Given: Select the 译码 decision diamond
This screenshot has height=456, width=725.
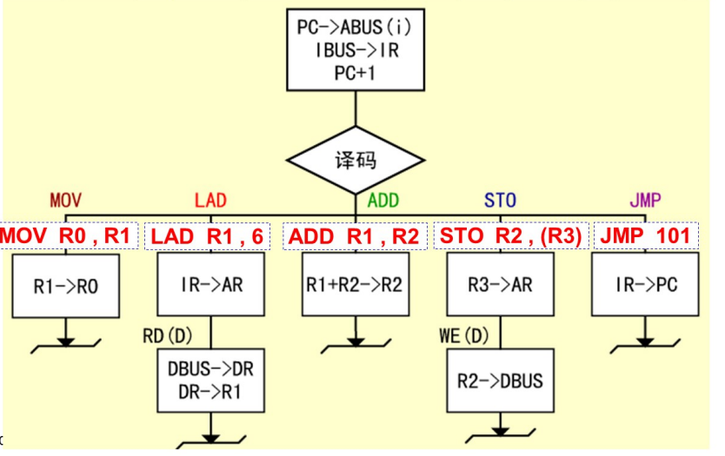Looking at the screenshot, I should click(356, 162).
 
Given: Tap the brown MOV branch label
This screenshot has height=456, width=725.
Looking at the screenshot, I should click(65, 201).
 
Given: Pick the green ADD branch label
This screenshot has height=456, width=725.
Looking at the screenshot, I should click(383, 201).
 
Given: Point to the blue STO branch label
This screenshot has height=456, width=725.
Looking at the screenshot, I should click(500, 201).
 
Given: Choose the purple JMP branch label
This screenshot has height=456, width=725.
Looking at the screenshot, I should click(644, 201).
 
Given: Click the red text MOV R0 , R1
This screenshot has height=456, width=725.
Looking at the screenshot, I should click(67, 236).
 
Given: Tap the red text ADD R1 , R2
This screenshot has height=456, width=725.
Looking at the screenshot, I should click(355, 236).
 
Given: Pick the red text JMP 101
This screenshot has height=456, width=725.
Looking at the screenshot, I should click(645, 236).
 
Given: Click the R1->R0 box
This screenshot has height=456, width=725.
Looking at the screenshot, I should click(66, 285).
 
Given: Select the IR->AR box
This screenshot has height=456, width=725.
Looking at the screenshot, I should click(211, 285).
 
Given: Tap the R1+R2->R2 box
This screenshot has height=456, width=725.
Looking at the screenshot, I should click(356, 285).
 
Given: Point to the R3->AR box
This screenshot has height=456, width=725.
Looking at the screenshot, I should click(501, 285).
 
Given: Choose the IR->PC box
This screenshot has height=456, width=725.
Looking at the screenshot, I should click(645, 285).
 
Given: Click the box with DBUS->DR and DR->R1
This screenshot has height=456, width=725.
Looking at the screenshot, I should click(211, 380).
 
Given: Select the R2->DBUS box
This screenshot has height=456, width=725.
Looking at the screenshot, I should click(501, 380).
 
